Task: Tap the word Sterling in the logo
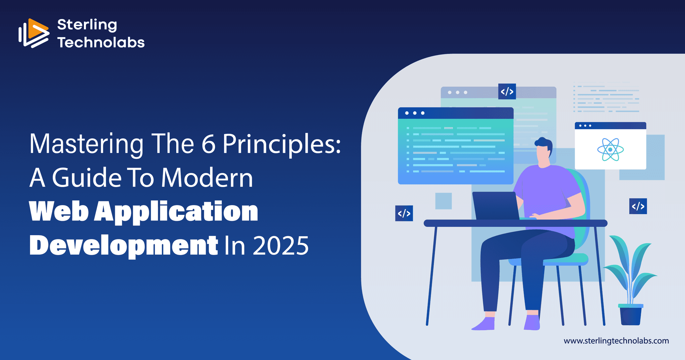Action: coord(87,25)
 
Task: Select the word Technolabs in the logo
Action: coord(101,42)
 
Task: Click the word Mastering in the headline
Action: coord(86,144)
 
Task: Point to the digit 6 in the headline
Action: coord(208,144)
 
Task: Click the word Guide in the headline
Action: coord(87,178)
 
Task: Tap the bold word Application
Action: coord(176,212)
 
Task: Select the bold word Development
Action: coord(124,246)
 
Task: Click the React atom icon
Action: coord(610,150)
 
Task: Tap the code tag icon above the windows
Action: coord(507,91)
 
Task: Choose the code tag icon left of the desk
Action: coord(404,213)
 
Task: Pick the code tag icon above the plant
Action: coord(638,206)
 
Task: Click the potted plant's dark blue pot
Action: coord(630,316)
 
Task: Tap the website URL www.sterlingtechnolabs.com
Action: coord(616,341)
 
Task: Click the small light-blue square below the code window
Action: coord(444,201)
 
